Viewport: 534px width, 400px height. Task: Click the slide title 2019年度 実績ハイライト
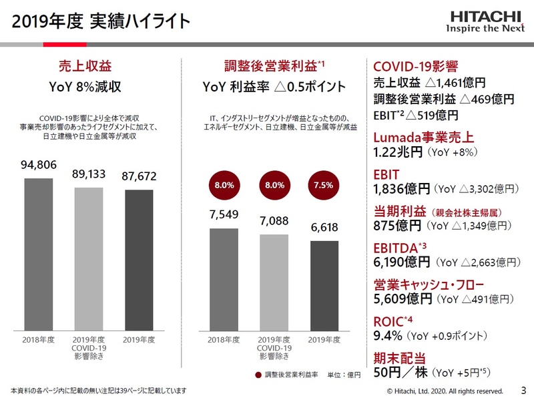101,21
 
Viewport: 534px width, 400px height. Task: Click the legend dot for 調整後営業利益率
258,375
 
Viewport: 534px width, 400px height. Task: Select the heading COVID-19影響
415,67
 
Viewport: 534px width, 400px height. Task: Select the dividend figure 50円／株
400,372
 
